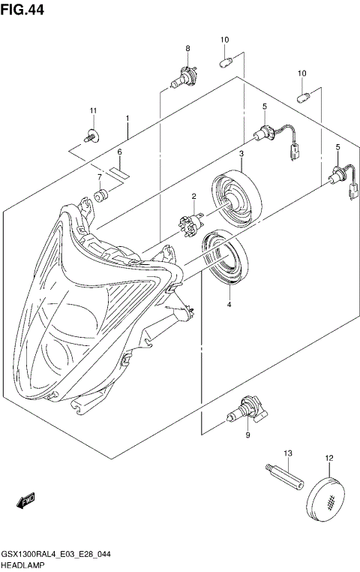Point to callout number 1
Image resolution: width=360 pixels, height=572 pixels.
(x=127, y=119)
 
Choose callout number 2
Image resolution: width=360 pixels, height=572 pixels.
(x=193, y=197)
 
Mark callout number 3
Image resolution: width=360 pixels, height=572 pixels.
(x=241, y=154)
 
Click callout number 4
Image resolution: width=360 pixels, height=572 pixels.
(x=229, y=305)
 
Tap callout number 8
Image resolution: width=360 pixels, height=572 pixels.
(x=187, y=49)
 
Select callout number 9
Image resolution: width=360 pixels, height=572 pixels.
(x=247, y=435)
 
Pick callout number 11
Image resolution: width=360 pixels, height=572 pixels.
(x=94, y=111)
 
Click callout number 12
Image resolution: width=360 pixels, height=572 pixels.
(x=328, y=457)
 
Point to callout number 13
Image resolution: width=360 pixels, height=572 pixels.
(x=286, y=453)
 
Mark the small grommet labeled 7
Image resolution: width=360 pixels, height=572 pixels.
(x=99, y=198)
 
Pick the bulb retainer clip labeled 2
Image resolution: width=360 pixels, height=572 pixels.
(x=190, y=224)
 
